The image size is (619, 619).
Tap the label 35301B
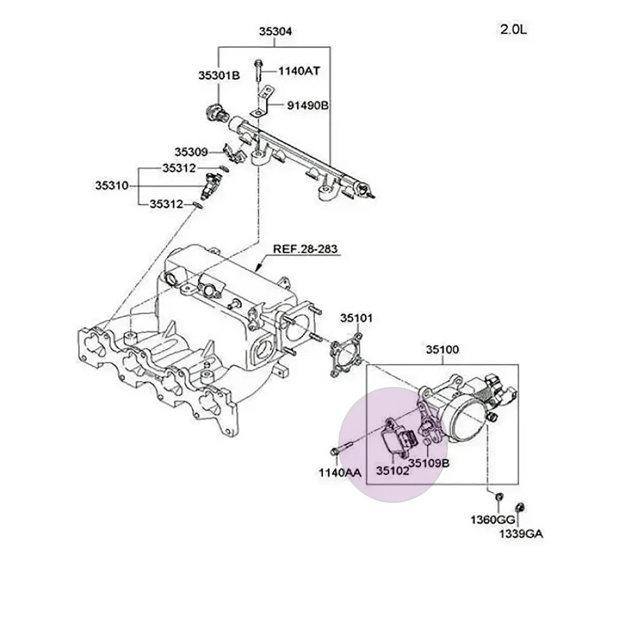coord(219,75)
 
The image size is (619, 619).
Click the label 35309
coord(190,152)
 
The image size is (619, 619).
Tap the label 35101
coord(357,318)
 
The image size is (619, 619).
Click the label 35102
coord(392,471)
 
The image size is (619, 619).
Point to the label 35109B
coord(429,462)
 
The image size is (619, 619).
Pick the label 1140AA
coord(339,473)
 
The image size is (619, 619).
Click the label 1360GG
coord(492,520)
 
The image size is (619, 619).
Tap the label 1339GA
coord(520,535)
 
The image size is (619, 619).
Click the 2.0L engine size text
coord(513,30)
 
